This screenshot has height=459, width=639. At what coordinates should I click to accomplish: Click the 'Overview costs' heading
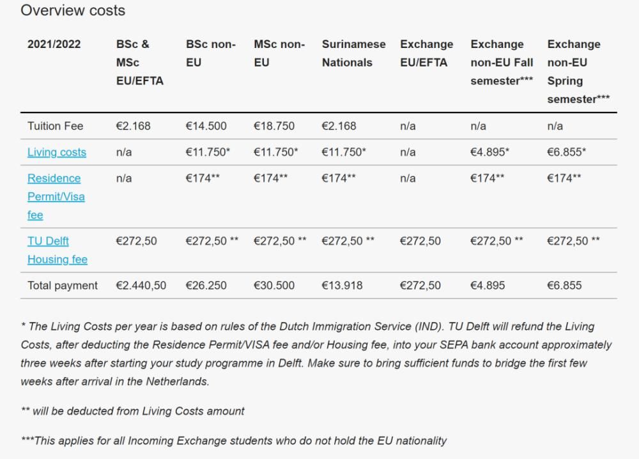coord(73,11)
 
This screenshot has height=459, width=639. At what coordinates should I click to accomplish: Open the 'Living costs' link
coord(57,152)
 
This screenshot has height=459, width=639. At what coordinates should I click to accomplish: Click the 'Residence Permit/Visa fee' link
coord(56,196)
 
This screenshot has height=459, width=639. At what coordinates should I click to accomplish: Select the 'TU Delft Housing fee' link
coord(57,250)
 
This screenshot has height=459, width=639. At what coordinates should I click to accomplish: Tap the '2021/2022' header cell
coord(54,44)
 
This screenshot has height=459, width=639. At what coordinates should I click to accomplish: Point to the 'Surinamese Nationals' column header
coord(353,53)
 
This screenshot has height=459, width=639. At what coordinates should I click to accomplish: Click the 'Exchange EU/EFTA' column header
coord(426,53)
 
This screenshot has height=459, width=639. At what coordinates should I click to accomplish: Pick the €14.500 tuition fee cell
coord(206,126)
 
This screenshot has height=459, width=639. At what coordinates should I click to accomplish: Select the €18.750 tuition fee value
coord(274,126)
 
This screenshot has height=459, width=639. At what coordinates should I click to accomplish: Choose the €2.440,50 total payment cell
coord(141,285)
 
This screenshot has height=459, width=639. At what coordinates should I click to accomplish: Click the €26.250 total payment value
coord(206,285)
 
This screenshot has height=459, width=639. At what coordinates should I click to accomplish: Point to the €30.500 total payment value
coord(274,285)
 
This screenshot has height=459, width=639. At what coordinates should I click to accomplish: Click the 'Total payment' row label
coord(63,285)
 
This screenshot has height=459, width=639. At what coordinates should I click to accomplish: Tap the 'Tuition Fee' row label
coord(55,126)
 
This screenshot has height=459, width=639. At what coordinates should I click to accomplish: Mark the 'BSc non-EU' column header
coord(211,53)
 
